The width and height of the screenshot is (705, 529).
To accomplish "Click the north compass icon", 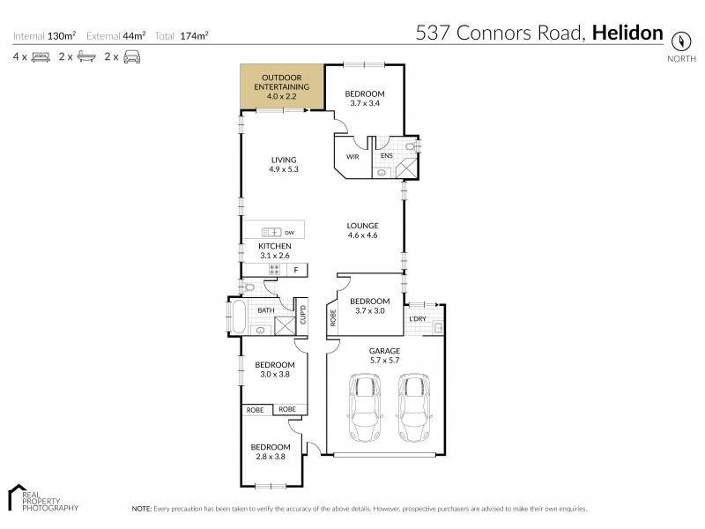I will pyautogui.click(x=680, y=41).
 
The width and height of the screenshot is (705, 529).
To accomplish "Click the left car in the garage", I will pyautogui.click(x=365, y=407).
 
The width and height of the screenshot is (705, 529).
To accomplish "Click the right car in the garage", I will pyautogui.click(x=413, y=407).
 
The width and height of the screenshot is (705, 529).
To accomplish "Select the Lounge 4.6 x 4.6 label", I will pyautogui.click(x=362, y=230).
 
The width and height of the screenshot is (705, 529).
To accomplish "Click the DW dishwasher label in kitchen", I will pyautogui.click(x=289, y=233).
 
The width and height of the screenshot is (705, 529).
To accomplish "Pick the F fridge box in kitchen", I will pyautogui.click(x=295, y=269).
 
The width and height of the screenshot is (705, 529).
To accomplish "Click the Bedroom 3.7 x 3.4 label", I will pyautogui.click(x=364, y=99).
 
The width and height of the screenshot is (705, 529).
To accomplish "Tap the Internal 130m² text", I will pyautogui.click(x=45, y=36).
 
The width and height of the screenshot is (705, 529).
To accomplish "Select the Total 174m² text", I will pyautogui.click(x=182, y=36).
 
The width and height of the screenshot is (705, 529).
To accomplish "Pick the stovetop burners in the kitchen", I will pyautogui.click(x=274, y=269).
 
